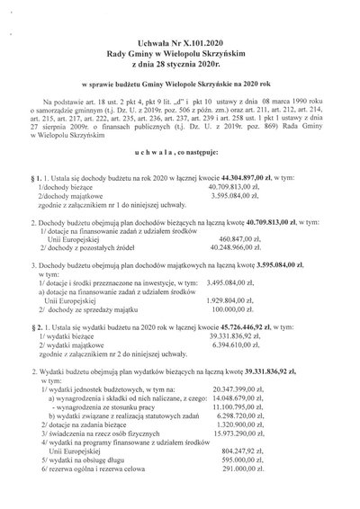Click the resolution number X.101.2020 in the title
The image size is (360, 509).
[x=211, y=41]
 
